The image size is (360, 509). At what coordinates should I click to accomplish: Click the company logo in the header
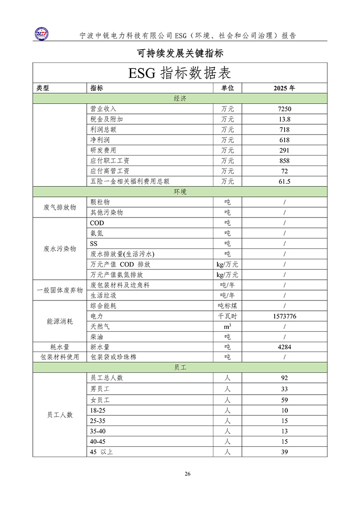(x=43, y=33)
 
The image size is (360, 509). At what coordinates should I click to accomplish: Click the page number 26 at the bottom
(x=187, y=474)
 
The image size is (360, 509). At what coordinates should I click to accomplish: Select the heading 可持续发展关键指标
(x=180, y=53)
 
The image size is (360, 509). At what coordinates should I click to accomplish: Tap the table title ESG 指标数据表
(x=180, y=74)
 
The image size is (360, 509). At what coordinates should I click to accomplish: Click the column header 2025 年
(x=284, y=88)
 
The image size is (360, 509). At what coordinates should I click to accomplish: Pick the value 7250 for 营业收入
(x=284, y=109)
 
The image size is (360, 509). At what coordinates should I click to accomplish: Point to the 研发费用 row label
(x=103, y=150)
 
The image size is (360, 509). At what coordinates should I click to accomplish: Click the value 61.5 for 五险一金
(x=284, y=181)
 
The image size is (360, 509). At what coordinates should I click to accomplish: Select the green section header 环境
(x=180, y=192)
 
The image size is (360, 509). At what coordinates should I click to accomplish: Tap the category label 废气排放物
(x=60, y=207)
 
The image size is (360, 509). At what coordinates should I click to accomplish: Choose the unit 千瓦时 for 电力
(x=227, y=316)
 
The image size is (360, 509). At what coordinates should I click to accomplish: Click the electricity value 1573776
(x=284, y=316)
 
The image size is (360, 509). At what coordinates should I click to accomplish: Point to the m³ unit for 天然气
(x=227, y=326)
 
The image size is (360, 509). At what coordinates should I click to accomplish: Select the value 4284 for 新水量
(x=284, y=347)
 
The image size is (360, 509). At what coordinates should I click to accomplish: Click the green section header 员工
(x=180, y=368)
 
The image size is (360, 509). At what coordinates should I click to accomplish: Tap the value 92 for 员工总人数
(x=284, y=378)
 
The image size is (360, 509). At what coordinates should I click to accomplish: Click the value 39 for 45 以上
(x=284, y=452)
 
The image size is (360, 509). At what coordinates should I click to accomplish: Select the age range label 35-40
(x=98, y=431)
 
